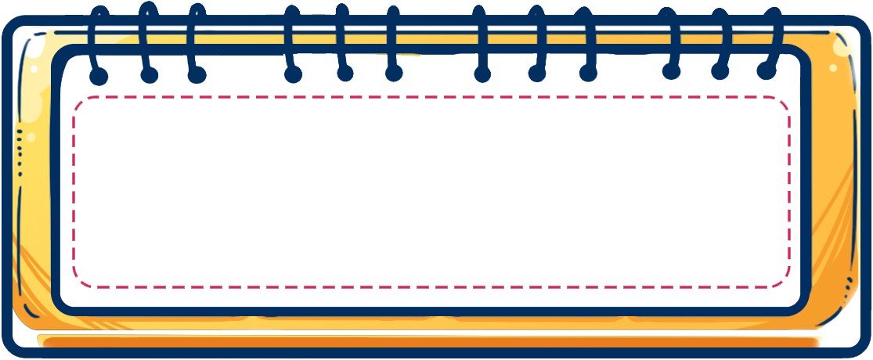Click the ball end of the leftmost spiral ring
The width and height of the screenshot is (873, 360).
[99, 75]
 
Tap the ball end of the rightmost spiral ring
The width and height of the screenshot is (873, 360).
[766, 70]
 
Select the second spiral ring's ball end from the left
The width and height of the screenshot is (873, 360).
[149, 75]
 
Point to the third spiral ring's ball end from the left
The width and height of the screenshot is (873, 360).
[198, 75]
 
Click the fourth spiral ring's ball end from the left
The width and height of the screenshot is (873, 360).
[293, 75]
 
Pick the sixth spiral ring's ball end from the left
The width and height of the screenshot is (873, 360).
[394, 74]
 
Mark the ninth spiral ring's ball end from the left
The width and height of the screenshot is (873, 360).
[588, 74]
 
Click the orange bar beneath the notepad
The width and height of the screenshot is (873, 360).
[431, 342]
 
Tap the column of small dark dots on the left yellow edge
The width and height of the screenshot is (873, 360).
[20, 160]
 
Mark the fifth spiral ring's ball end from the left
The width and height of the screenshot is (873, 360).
[345, 74]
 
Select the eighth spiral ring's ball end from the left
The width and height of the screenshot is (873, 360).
[536, 75]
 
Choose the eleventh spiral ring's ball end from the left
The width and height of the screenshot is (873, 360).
[719, 72]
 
